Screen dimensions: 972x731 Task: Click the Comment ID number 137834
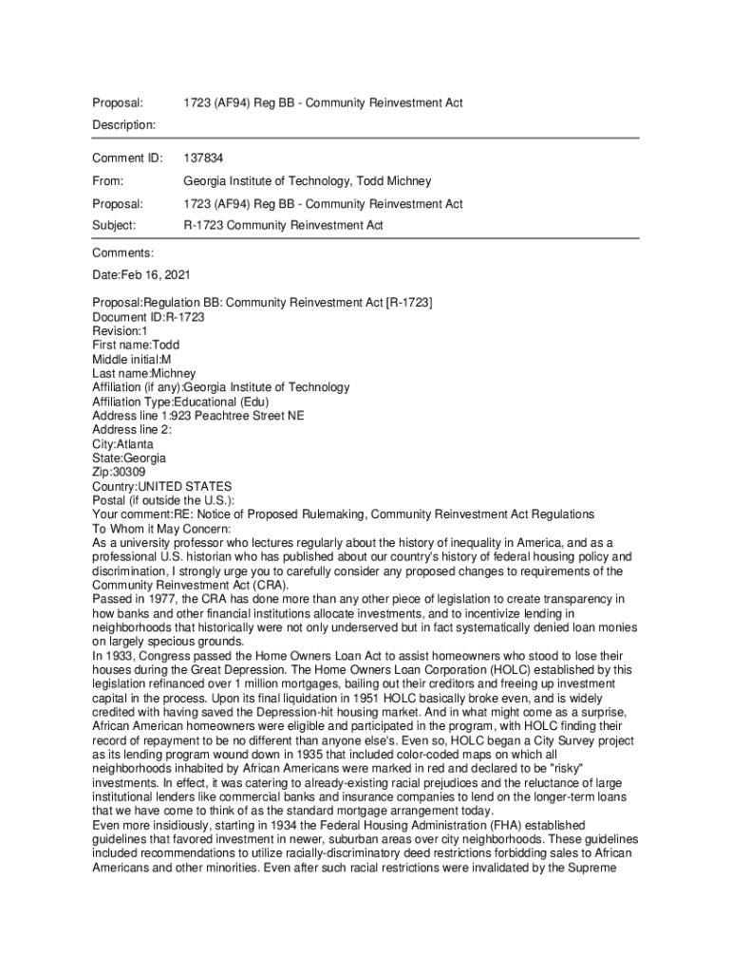point(203,158)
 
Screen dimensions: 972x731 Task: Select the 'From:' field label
point(107,180)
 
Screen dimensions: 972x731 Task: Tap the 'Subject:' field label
point(114,226)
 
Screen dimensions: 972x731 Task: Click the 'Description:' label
point(123,124)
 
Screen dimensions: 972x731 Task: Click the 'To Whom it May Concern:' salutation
point(168,529)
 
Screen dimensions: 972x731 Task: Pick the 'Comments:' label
point(122,253)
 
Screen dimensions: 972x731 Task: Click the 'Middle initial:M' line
point(132,359)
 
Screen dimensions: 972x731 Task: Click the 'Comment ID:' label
point(127,158)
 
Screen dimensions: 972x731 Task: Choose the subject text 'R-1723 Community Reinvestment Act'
point(283,226)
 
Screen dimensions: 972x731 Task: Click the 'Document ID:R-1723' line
point(148,316)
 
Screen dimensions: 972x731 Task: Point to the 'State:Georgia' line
point(129,458)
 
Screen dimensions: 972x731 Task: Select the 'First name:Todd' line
point(135,345)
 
